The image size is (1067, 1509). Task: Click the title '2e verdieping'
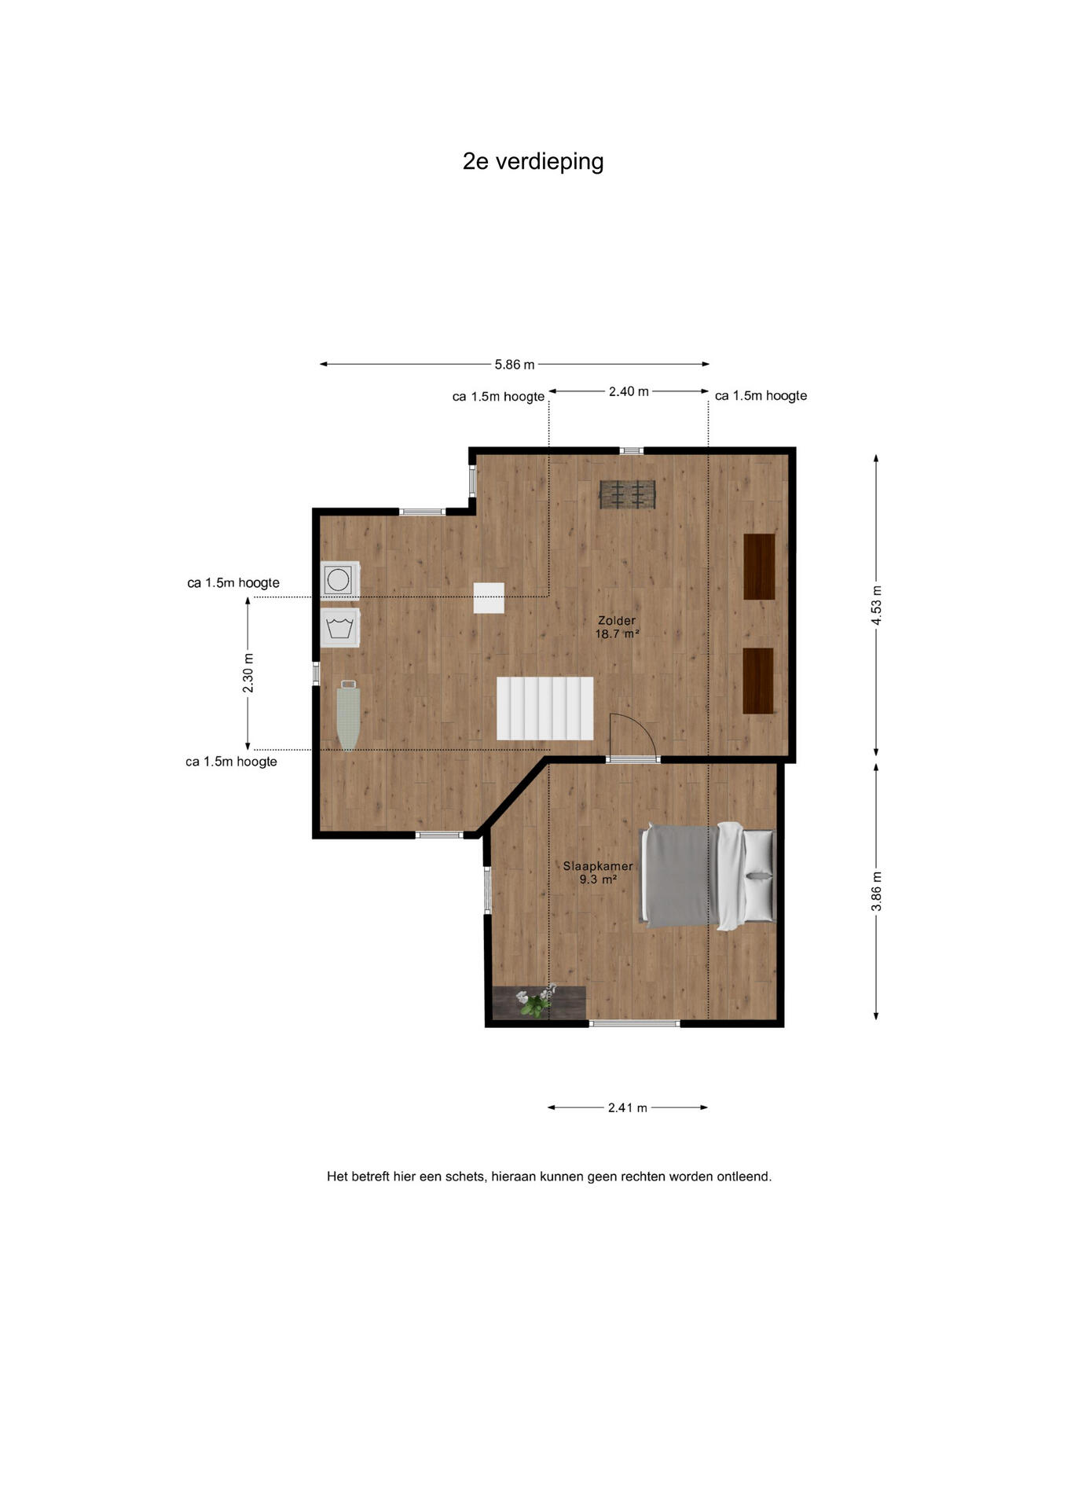coord(533,161)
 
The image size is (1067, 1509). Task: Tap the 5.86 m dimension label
coord(515,365)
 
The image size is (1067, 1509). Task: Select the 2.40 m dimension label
coord(629,391)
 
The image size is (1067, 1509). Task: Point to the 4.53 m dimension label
coord(877,605)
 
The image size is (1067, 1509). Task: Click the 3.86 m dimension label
coord(877,892)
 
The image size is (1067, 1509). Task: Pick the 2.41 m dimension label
coord(628,1108)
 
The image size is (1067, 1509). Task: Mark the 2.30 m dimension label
coord(248,674)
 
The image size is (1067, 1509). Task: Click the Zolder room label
coord(617,626)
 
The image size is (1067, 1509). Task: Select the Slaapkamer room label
coord(598,872)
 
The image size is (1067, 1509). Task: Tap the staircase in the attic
coord(544,708)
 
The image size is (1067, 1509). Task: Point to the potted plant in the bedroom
coord(536,1002)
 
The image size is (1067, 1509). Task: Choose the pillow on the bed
coord(759,876)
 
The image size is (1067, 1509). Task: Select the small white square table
coord(489,598)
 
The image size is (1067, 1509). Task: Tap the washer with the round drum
coord(339,580)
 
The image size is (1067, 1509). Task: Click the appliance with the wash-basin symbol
coord(339,627)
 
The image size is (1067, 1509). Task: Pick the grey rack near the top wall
coord(628,494)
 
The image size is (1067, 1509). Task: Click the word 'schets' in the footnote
coord(466,1177)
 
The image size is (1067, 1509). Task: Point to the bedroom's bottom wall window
coord(635,1023)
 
